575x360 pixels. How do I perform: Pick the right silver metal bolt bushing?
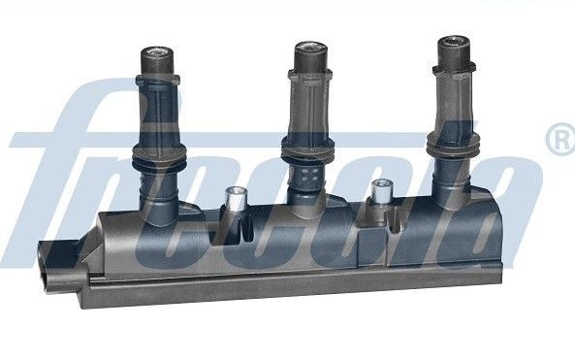[x=380, y=191]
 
